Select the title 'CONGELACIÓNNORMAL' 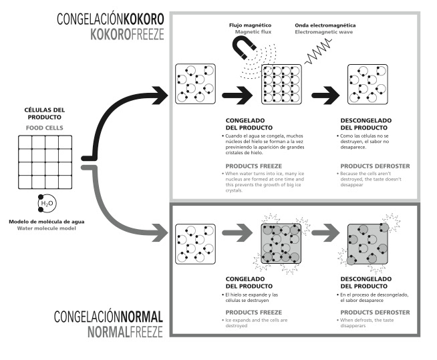(x=108, y=316)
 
